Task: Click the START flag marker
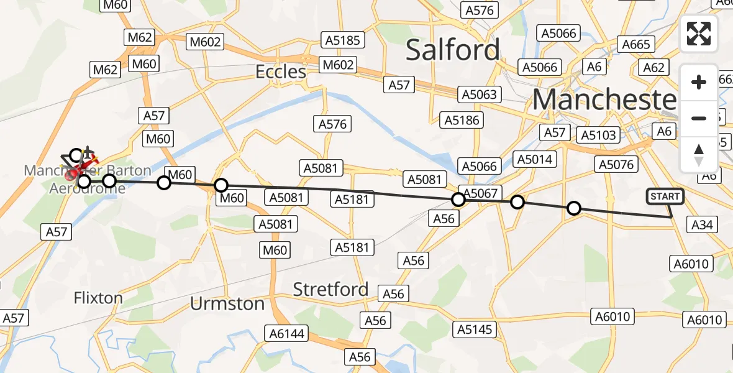665,196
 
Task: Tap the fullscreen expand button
699,34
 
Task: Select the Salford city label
452,50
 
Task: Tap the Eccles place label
281,72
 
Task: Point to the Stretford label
330,289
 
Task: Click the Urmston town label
227,304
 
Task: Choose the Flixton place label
98,298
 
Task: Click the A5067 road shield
481,193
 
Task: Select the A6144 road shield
287,333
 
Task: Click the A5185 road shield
343,40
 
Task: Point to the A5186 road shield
460,120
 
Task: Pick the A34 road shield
702,224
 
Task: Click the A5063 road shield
479,94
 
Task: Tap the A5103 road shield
597,135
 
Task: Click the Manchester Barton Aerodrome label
87,178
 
